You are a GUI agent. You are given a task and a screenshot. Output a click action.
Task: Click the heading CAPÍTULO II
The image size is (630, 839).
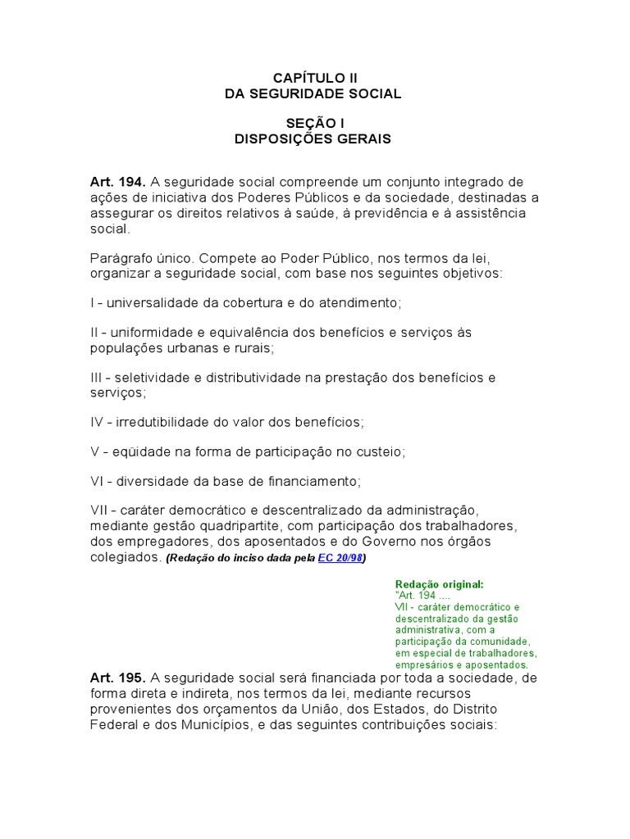(x=315, y=78)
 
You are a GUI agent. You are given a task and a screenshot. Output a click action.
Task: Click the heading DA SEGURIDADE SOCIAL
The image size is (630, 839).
(x=313, y=94)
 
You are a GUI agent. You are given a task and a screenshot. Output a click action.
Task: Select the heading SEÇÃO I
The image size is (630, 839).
(x=313, y=123)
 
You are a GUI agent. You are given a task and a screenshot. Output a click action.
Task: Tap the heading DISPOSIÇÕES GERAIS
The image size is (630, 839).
(x=313, y=139)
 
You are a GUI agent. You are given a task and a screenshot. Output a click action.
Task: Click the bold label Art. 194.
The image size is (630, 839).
(x=118, y=182)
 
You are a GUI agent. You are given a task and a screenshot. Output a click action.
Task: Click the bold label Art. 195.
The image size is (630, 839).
(x=118, y=678)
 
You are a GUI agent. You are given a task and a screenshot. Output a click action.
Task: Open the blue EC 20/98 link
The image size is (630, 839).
(x=340, y=559)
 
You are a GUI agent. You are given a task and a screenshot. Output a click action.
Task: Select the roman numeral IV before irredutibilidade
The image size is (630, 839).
(x=98, y=422)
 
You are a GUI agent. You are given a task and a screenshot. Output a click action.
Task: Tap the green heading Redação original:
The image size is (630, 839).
(x=440, y=584)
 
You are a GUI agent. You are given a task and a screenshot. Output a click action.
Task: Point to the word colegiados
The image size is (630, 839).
(x=126, y=557)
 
